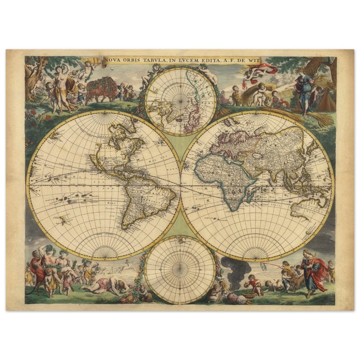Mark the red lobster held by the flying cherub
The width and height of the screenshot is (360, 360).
click(244, 85)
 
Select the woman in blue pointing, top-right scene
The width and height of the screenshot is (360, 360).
click(304, 90)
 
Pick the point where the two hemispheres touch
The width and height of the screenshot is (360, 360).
click(180, 184)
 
